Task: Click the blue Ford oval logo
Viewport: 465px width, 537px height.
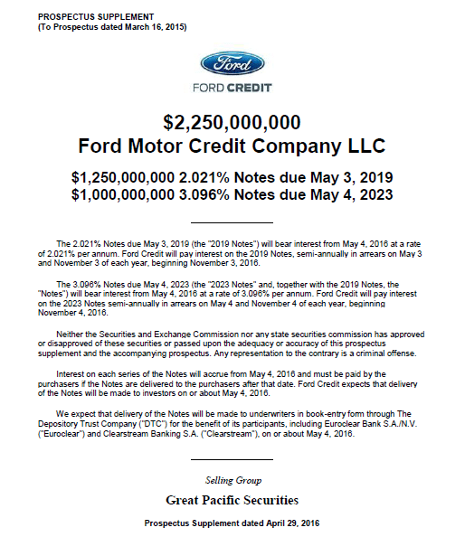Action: pos(232,66)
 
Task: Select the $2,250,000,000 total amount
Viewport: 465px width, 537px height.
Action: pos(232,123)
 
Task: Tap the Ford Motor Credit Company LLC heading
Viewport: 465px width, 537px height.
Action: pos(232,145)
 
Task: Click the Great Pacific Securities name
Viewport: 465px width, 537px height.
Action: pos(232,499)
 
